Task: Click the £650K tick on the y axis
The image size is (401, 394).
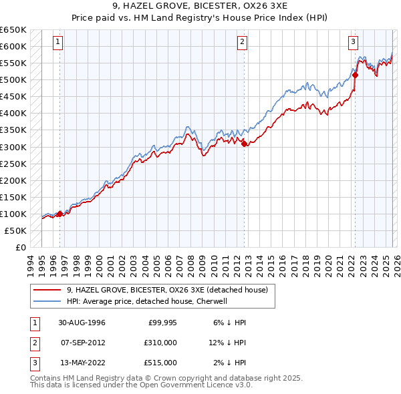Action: tap(13, 30)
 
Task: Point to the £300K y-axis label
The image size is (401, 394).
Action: tap(13, 147)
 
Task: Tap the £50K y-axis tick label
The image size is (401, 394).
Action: tap(16, 230)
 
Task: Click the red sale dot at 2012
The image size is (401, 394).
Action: tap(245, 144)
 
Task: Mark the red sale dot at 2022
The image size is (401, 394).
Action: tap(355, 75)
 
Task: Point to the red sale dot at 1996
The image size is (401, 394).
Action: tap(60, 214)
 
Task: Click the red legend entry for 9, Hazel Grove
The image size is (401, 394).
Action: tap(167, 290)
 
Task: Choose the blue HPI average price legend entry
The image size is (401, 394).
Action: tap(147, 301)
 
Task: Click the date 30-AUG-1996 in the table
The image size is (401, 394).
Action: tap(82, 323)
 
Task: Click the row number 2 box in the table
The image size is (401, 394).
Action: tap(33, 343)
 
